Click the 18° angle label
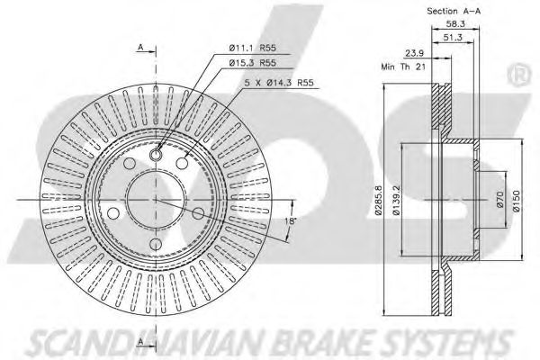coord(290,220)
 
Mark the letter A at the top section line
coord(141,45)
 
